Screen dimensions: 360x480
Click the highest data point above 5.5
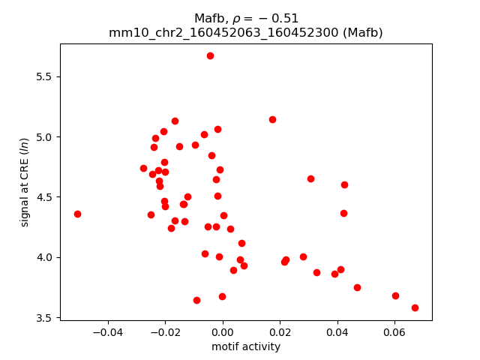coord(210,55)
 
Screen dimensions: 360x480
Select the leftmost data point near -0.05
coord(77,214)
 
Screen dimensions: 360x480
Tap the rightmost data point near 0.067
coord(415,307)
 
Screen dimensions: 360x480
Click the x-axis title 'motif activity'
coord(246,346)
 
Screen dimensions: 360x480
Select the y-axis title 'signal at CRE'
coord(25,181)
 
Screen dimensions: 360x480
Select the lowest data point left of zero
coord(196,300)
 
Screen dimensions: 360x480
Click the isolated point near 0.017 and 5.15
coord(272,119)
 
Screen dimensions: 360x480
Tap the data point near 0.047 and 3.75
coord(357,287)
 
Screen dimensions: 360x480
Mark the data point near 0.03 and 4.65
coord(310,178)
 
